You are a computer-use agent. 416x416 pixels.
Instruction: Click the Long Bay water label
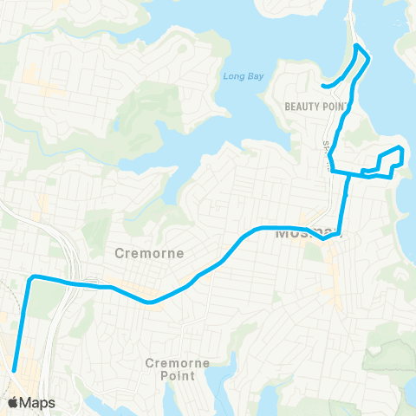click(x=239, y=76)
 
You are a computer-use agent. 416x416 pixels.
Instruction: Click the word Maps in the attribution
click(x=38, y=402)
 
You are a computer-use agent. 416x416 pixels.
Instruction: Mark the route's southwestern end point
click(x=15, y=371)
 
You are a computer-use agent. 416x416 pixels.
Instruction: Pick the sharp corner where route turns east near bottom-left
click(x=32, y=278)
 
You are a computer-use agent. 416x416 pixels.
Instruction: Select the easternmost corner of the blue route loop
click(x=401, y=149)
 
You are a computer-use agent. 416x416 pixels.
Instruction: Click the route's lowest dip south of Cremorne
click(x=151, y=302)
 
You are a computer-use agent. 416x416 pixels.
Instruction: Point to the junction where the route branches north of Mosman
click(x=348, y=173)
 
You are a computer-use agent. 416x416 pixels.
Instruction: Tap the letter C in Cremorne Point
click(x=150, y=363)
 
